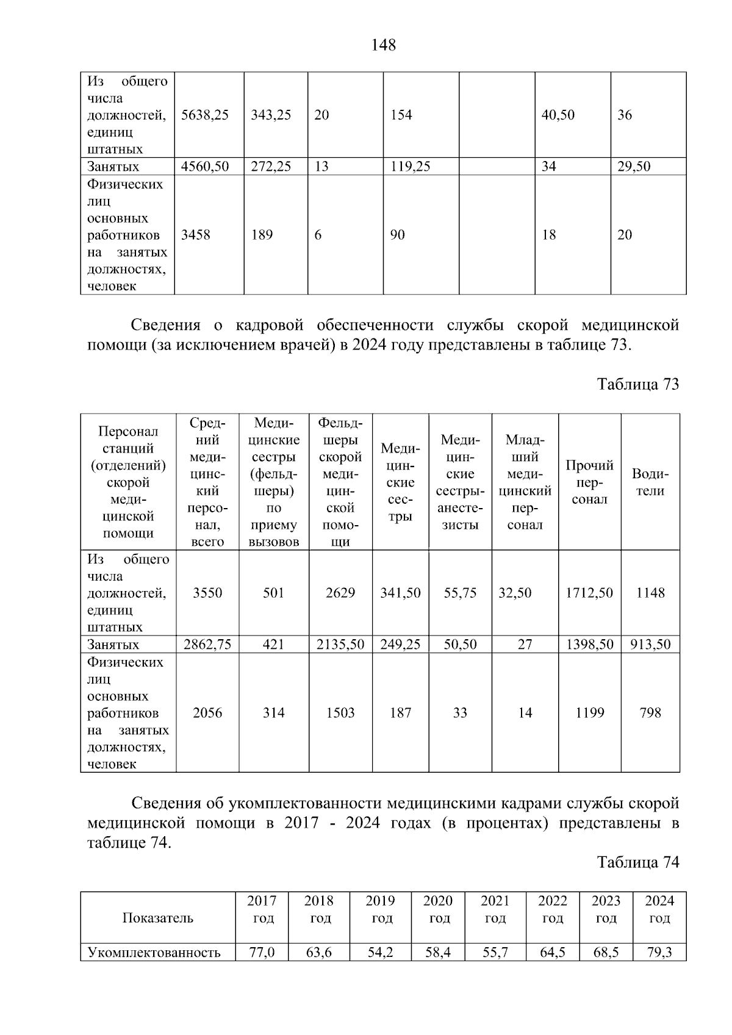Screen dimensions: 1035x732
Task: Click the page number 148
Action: [x=384, y=45]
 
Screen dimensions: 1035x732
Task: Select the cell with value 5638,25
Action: [x=205, y=115]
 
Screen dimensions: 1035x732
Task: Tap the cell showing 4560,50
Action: [x=205, y=167]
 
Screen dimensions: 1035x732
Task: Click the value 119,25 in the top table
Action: [x=411, y=167]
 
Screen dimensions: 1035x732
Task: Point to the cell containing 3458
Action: [x=196, y=235]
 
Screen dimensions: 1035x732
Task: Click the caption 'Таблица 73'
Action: [x=638, y=384]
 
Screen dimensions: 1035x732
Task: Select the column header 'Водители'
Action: [x=650, y=482]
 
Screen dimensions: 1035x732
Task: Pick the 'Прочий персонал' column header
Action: [x=589, y=482]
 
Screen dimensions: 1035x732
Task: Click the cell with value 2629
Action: [x=340, y=593]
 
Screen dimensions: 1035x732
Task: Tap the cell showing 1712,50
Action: [x=589, y=593]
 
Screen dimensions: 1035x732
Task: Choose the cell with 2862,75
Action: [x=207, y=645]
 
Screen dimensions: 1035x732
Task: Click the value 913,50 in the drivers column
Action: [x=650, y=645]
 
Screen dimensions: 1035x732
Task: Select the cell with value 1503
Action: [x=340, y=713]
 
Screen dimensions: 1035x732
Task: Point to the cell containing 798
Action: [x=650, y=713]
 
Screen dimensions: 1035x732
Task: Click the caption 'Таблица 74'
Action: [x=638, y=862]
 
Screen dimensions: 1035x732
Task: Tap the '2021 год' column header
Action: [x=495, y=909]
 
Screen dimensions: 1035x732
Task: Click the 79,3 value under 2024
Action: [x=659, y=952]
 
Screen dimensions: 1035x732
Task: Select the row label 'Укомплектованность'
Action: [x=154, y=952]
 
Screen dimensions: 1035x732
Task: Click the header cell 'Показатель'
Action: [x=158, y=918]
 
